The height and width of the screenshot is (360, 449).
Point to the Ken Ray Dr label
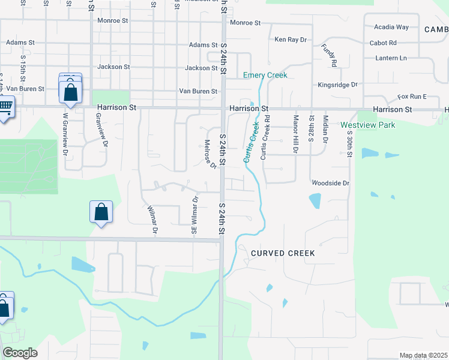(x=291, y=40)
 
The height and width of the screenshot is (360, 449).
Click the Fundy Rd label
(x=329, y=55)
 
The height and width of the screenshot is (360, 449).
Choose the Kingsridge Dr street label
(x=337, y=85)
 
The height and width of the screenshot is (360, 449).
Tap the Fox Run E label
(x=411, y=97)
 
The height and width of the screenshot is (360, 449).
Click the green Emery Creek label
(x=265, y=75)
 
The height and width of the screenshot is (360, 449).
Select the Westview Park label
(x=368, y=125)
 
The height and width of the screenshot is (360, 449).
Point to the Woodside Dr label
(x=330, y=182)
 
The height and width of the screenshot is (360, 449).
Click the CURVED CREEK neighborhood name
(x=283, y=253)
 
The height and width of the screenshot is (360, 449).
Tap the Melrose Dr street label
(x=210, y=154)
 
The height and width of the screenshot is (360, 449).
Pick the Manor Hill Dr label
(x=295, y=134)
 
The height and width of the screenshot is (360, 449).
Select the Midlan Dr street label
(x=325, y=129)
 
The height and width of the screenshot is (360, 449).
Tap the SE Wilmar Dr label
(x=194, y=217)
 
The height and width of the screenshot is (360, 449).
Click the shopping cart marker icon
(x=4, y=109)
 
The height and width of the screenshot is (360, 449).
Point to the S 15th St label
(x=23, y=69)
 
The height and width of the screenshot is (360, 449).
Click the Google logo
(x=20, y=353)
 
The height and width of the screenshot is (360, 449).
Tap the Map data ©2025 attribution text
(x=423, y=355)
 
